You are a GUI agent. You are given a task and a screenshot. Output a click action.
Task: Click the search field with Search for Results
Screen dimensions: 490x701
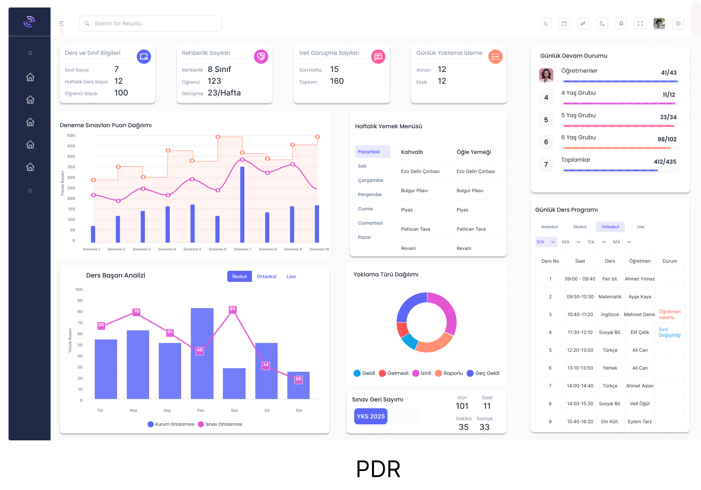pyautogui.click(x=150, y=24)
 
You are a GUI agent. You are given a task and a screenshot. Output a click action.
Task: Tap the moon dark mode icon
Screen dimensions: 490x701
pyautogui.click(x=602, y=24)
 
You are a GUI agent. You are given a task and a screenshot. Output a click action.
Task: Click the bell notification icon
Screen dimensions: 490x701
pyautogui.click(x=621, y=24)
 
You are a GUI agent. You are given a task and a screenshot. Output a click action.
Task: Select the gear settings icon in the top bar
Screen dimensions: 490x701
pyautogui.click(x=678, y=24)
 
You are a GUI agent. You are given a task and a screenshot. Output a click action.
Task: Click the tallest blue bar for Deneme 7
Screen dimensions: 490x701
pyautogui.click(x=242, y=205)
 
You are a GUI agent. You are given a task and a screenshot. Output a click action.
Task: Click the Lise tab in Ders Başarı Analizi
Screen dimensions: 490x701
pyautogui.click(x=291, y=276)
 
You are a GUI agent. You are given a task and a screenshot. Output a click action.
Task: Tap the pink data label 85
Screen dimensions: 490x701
pyautogui.click(x=233, y=309)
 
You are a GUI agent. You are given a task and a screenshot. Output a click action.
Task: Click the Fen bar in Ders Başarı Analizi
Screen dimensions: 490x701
pyautogui.click(x=202, y=354)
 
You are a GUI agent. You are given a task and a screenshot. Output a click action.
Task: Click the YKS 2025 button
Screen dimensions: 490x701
pyautogui.click(x=370, y=416)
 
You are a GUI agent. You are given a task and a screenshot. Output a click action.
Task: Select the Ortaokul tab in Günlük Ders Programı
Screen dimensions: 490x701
pyautogui.click(x=610, y=227)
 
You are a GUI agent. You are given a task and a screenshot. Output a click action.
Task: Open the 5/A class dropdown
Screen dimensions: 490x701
pyautogui.click(x=546, y=242)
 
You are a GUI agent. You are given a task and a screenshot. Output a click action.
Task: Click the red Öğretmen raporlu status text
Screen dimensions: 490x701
pyautogui.click(x=669, y=314)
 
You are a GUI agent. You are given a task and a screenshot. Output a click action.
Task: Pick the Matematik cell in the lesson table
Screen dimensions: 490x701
pyautogui.click(x=610, y=297)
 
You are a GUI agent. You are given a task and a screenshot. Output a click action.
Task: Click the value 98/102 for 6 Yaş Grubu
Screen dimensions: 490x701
pyautogui.click(x=667, y=139)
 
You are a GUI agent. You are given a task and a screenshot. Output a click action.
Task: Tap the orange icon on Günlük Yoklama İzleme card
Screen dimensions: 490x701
pyautogui.click(x=495, y=57)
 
